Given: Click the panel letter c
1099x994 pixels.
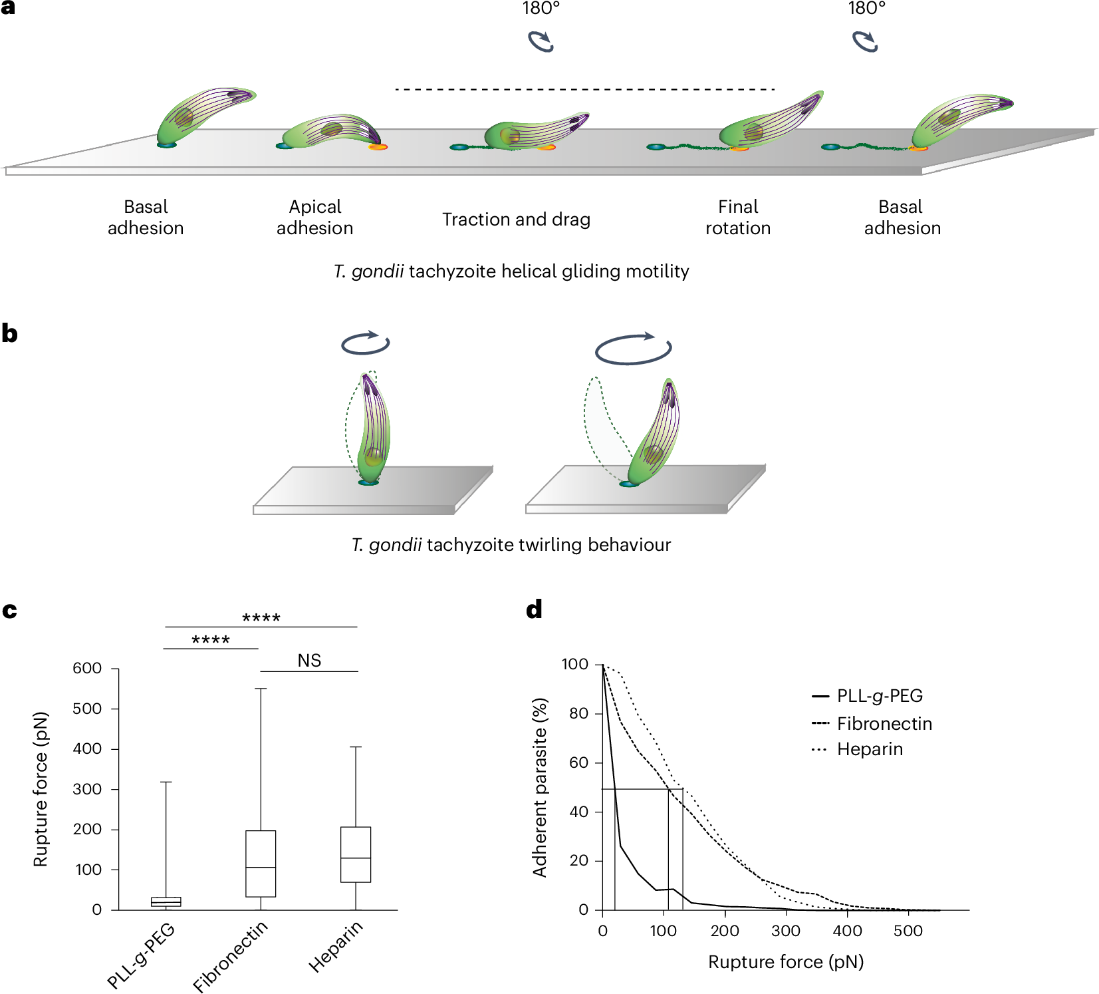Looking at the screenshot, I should point(9,610).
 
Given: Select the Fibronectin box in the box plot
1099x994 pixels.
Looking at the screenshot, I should point(261,863).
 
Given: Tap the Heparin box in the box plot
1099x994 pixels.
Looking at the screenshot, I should point(356,854).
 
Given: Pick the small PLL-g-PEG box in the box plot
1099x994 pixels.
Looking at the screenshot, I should point(166,902).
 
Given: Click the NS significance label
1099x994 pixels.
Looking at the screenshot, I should point(309,661).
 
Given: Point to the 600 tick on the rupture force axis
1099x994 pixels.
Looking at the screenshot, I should point(87,668).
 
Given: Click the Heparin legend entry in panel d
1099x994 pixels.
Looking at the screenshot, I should point(869,749).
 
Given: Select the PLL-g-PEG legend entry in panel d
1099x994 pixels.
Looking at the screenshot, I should point(879,696).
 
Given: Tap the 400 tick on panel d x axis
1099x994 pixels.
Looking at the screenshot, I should point(847,931).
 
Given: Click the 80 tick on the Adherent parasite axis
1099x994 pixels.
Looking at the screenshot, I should point(578,713).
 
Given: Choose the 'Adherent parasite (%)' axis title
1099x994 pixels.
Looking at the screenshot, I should point(539,787).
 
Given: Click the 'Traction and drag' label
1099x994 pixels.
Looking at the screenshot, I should point(516,220).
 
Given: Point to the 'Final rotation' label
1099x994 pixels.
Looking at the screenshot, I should point(738,218).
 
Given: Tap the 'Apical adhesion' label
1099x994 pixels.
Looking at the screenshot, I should point(315,218).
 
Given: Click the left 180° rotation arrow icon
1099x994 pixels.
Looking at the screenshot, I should point(541,41).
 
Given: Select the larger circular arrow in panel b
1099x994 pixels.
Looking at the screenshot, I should point(633,348).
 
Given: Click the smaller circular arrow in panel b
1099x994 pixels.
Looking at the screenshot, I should point(365,343).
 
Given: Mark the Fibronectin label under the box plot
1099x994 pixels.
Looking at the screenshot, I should point(230,956).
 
